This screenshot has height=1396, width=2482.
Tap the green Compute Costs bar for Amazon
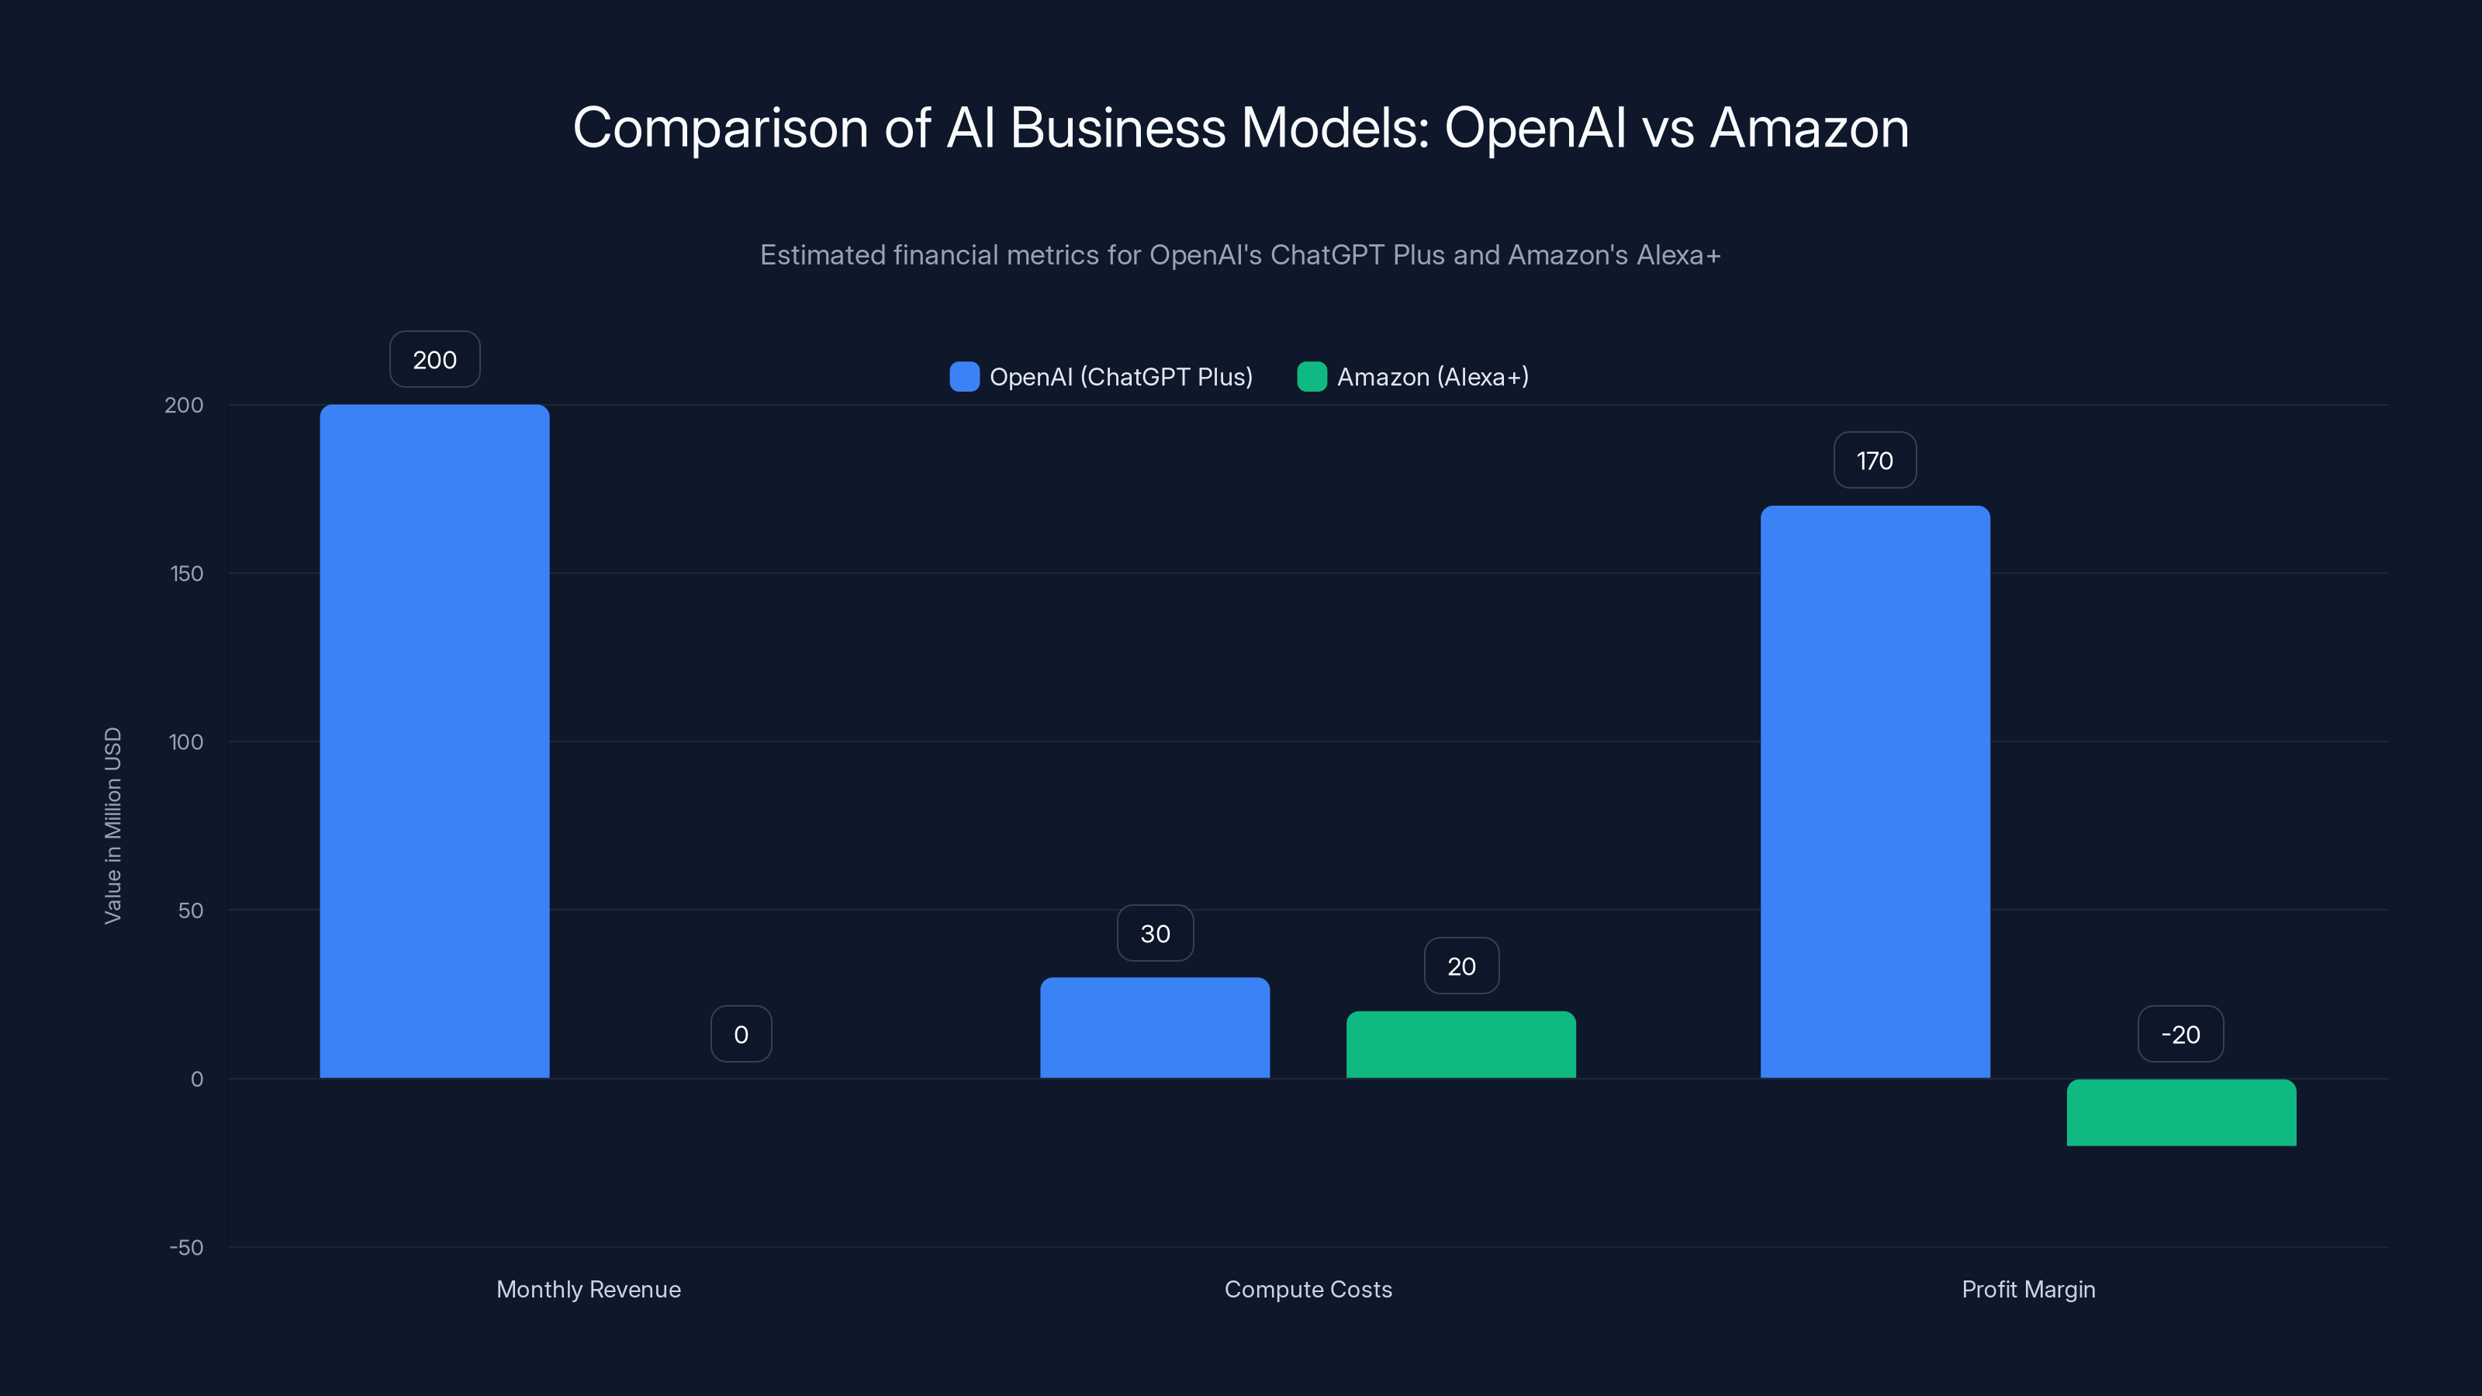click(1461, 1045)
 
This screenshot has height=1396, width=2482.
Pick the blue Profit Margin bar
click(1875, 791)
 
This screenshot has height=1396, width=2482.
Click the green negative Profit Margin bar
click(2181, 1113)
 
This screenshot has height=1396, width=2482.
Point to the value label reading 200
click(434, 359)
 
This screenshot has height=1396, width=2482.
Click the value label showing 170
click(1875, 461)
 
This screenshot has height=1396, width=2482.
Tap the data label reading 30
click(1155, 934)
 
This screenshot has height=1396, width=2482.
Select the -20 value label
click(2180, 1035)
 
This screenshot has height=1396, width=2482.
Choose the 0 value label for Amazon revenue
click(741, 1035)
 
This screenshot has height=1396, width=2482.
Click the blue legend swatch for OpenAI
click(964, 377)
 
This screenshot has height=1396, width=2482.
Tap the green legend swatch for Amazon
click(1312, 377)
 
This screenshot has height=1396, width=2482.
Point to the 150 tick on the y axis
click(187, 573)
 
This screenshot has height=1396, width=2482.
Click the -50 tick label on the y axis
click(186, 1248)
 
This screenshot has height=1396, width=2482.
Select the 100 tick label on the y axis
click(186, 742)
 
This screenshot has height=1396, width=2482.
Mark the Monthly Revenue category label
click(589, 1289)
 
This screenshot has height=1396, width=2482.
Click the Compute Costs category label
click(1308, 1289)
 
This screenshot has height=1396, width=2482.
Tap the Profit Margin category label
click(2028, 1289)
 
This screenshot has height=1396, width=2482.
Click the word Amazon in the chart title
click(1809, 128)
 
